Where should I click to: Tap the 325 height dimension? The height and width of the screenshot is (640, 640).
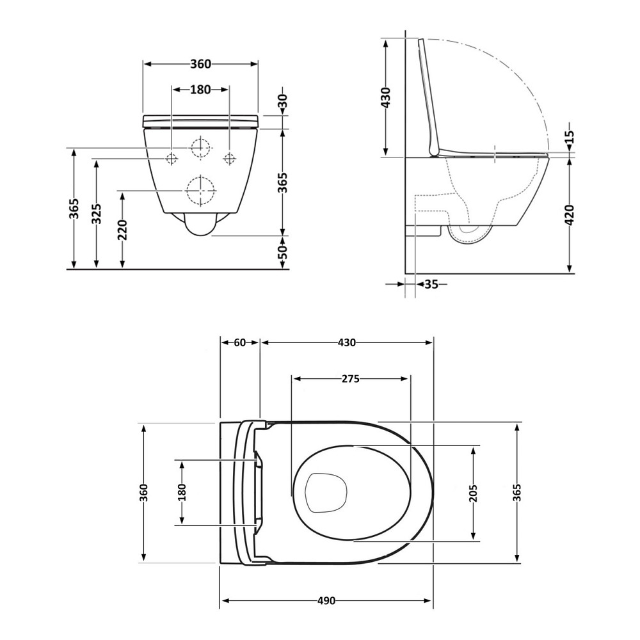coord(97,214)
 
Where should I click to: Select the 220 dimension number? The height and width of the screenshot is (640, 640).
coord(122,230)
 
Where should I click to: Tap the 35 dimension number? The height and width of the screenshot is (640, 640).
coord(431,284)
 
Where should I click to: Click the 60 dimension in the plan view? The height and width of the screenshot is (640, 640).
coord(240,342)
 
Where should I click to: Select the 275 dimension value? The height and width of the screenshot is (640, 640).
coord(351,379)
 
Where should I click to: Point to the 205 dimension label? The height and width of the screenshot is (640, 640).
coord(473,493)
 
